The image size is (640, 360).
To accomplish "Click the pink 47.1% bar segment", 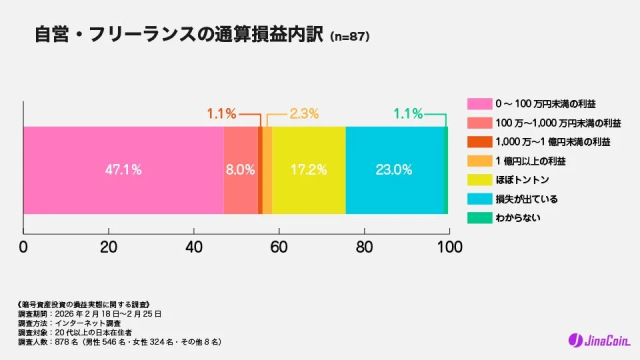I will tap(123, 169).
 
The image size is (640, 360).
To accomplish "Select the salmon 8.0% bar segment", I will tap(240, 169).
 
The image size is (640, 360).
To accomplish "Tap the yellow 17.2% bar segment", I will tap(308, 169).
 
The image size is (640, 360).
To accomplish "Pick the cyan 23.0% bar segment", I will tap(394, 169).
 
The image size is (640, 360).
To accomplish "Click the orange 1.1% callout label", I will tap(221, 113).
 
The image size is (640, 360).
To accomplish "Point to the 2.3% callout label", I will tap(304, 113).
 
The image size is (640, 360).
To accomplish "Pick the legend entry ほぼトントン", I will tap(519, 179).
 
